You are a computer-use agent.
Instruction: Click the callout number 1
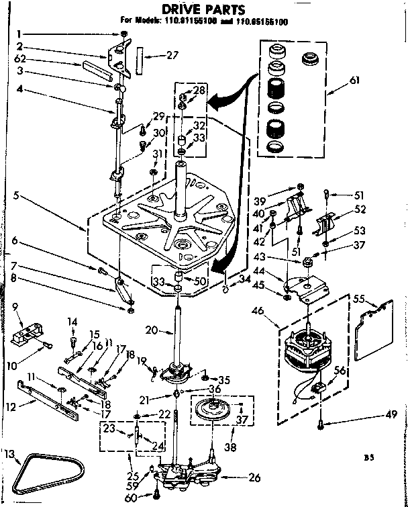pos(20,33)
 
